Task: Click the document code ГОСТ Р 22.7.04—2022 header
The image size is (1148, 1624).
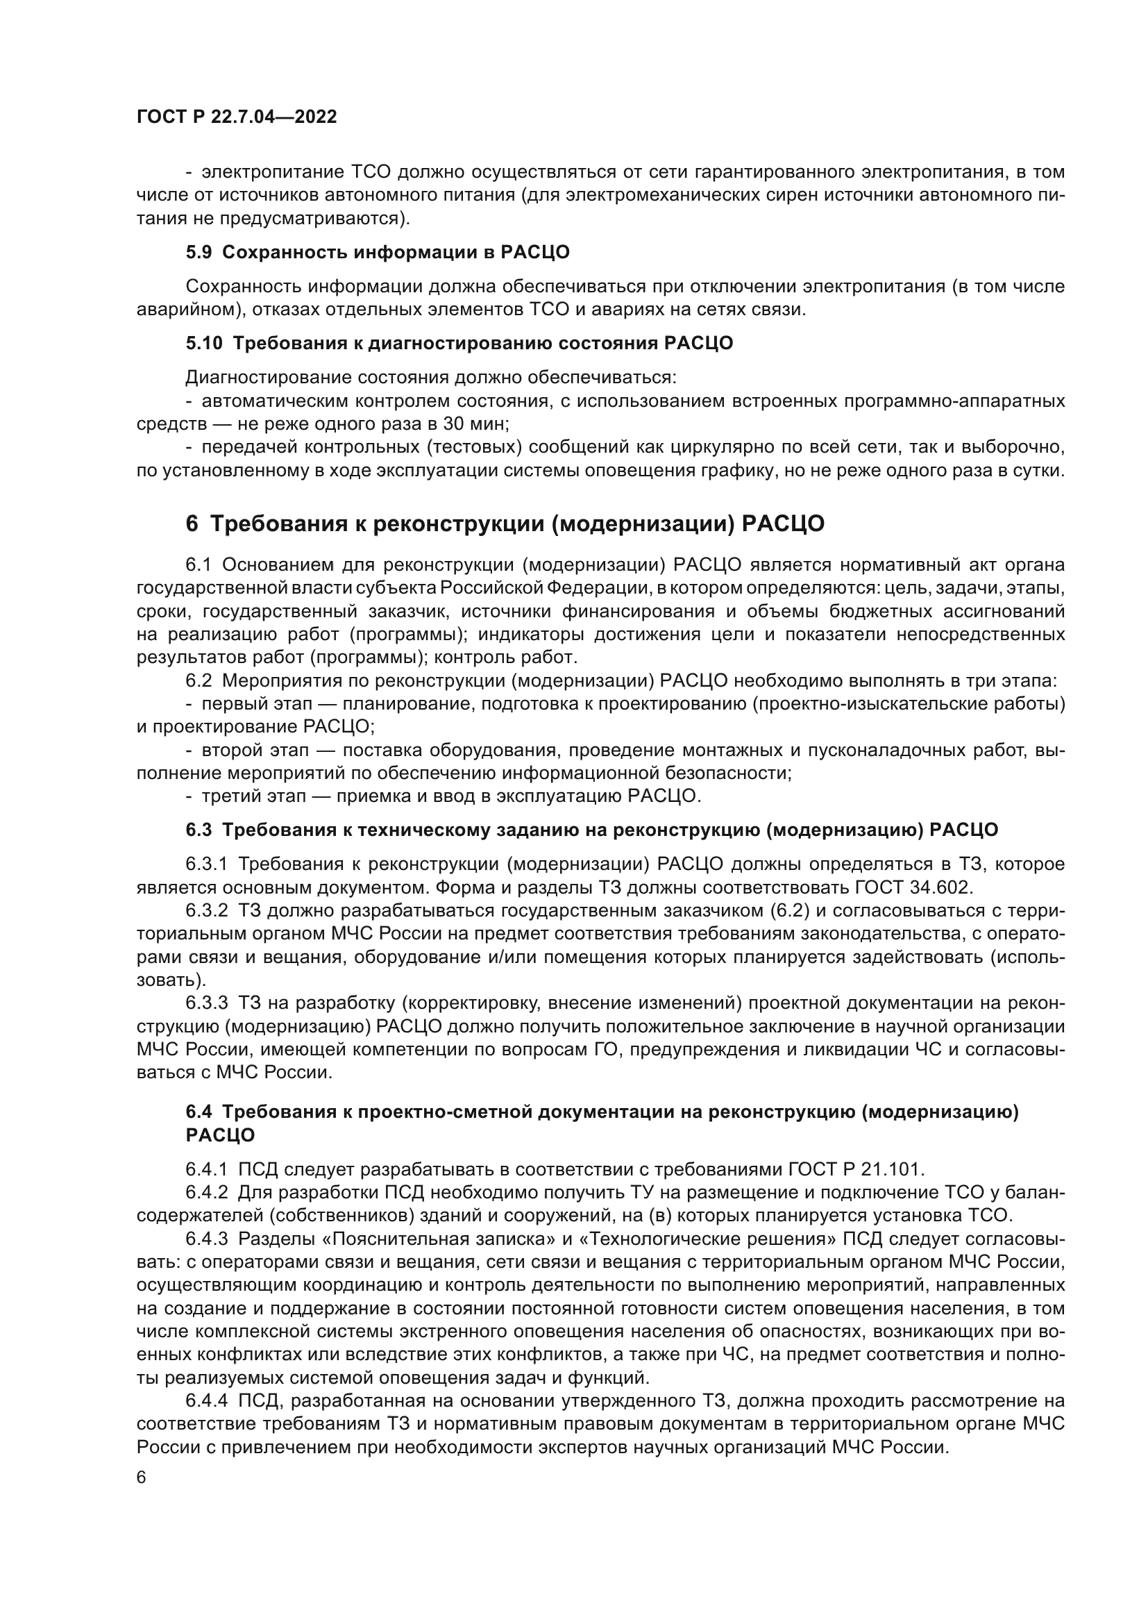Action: [236, 117]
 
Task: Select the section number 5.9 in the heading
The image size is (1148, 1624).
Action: [198, 253]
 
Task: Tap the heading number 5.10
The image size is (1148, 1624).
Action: [203, 344]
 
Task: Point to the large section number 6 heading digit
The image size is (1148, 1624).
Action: [192, 524]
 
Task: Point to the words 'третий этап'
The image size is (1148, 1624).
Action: [254, 796]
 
